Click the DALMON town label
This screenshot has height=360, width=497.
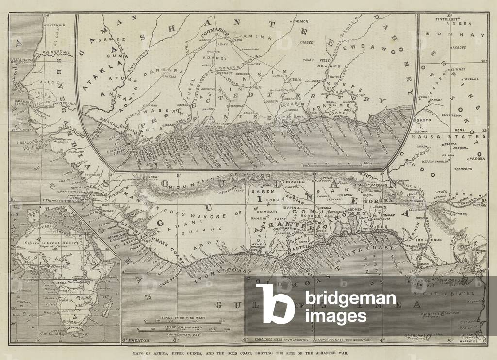pyautogui.click(x=301, y=21)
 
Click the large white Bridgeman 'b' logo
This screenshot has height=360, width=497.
pyautogui.click(x=274, y=304)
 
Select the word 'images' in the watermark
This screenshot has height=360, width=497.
pyautogui.click(x=335, y=316)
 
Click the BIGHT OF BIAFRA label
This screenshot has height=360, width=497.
pyautogui.click(x=432, y=294)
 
